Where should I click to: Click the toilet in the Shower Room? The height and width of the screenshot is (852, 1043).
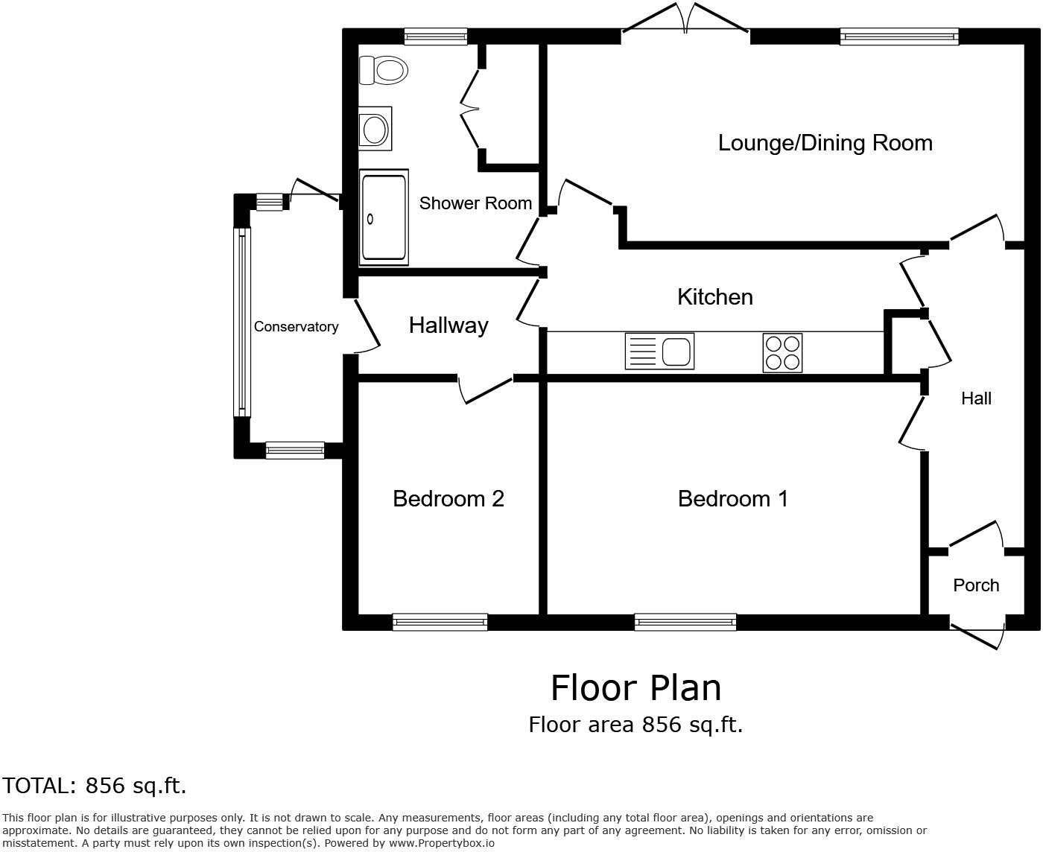pos(384,70)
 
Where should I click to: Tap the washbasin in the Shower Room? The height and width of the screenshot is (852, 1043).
pos(374,129)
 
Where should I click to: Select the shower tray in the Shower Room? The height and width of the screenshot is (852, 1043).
pos(384,217)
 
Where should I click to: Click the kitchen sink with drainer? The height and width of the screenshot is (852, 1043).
pos(659,351)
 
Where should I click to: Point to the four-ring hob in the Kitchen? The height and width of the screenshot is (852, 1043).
pos(782,352)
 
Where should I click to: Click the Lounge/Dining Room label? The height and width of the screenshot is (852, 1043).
pos(825,142)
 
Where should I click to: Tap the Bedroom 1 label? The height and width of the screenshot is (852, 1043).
pos(732,498)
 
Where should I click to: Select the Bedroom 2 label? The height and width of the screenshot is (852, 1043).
pos(448,498)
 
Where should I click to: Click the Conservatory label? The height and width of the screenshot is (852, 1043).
pos(296,326)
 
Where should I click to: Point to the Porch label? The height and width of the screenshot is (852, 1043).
pos(976,585)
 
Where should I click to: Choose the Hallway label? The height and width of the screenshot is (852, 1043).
pos(448,325)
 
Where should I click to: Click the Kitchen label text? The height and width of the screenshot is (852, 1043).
pos(714,296)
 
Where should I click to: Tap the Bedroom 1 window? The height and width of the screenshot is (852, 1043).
pos(685,622)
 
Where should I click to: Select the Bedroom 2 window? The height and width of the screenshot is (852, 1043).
pos(440,622)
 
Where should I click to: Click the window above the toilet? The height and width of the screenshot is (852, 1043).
pos(435,36)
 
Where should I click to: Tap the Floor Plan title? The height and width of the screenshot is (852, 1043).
pos(635,687)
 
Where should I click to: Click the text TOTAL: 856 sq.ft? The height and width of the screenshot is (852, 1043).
pos(94,786)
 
